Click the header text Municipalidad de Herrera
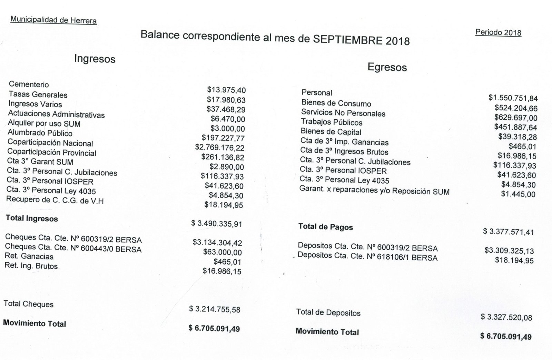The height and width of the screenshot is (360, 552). pos(53,20)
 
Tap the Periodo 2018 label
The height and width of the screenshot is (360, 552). pos(498,32)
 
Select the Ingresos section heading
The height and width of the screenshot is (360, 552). pos(95,59)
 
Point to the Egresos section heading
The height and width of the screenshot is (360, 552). pos(387,67)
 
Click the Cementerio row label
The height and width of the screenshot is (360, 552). pos(29,84)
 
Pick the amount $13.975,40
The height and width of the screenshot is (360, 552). pos(226,90)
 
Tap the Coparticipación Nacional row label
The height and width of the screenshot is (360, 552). pos(50,143)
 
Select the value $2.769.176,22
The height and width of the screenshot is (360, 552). pos(220,148)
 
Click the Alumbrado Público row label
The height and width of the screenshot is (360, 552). pos(40,133)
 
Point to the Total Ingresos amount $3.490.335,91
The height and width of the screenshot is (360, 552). pos(217,224)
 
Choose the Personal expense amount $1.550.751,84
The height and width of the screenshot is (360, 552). pos(513,98)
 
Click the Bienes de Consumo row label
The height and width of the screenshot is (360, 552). pos(336,103)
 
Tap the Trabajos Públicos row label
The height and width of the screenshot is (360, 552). pos(332,122)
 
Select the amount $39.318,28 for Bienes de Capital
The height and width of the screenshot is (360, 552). pos(517,137)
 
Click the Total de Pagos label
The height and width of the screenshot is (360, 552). pos(325,227)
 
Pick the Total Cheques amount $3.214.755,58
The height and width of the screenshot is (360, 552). pos(215,309)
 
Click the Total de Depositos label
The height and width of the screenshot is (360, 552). pos(328,313)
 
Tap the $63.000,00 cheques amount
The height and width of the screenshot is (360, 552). pos(223,252)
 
